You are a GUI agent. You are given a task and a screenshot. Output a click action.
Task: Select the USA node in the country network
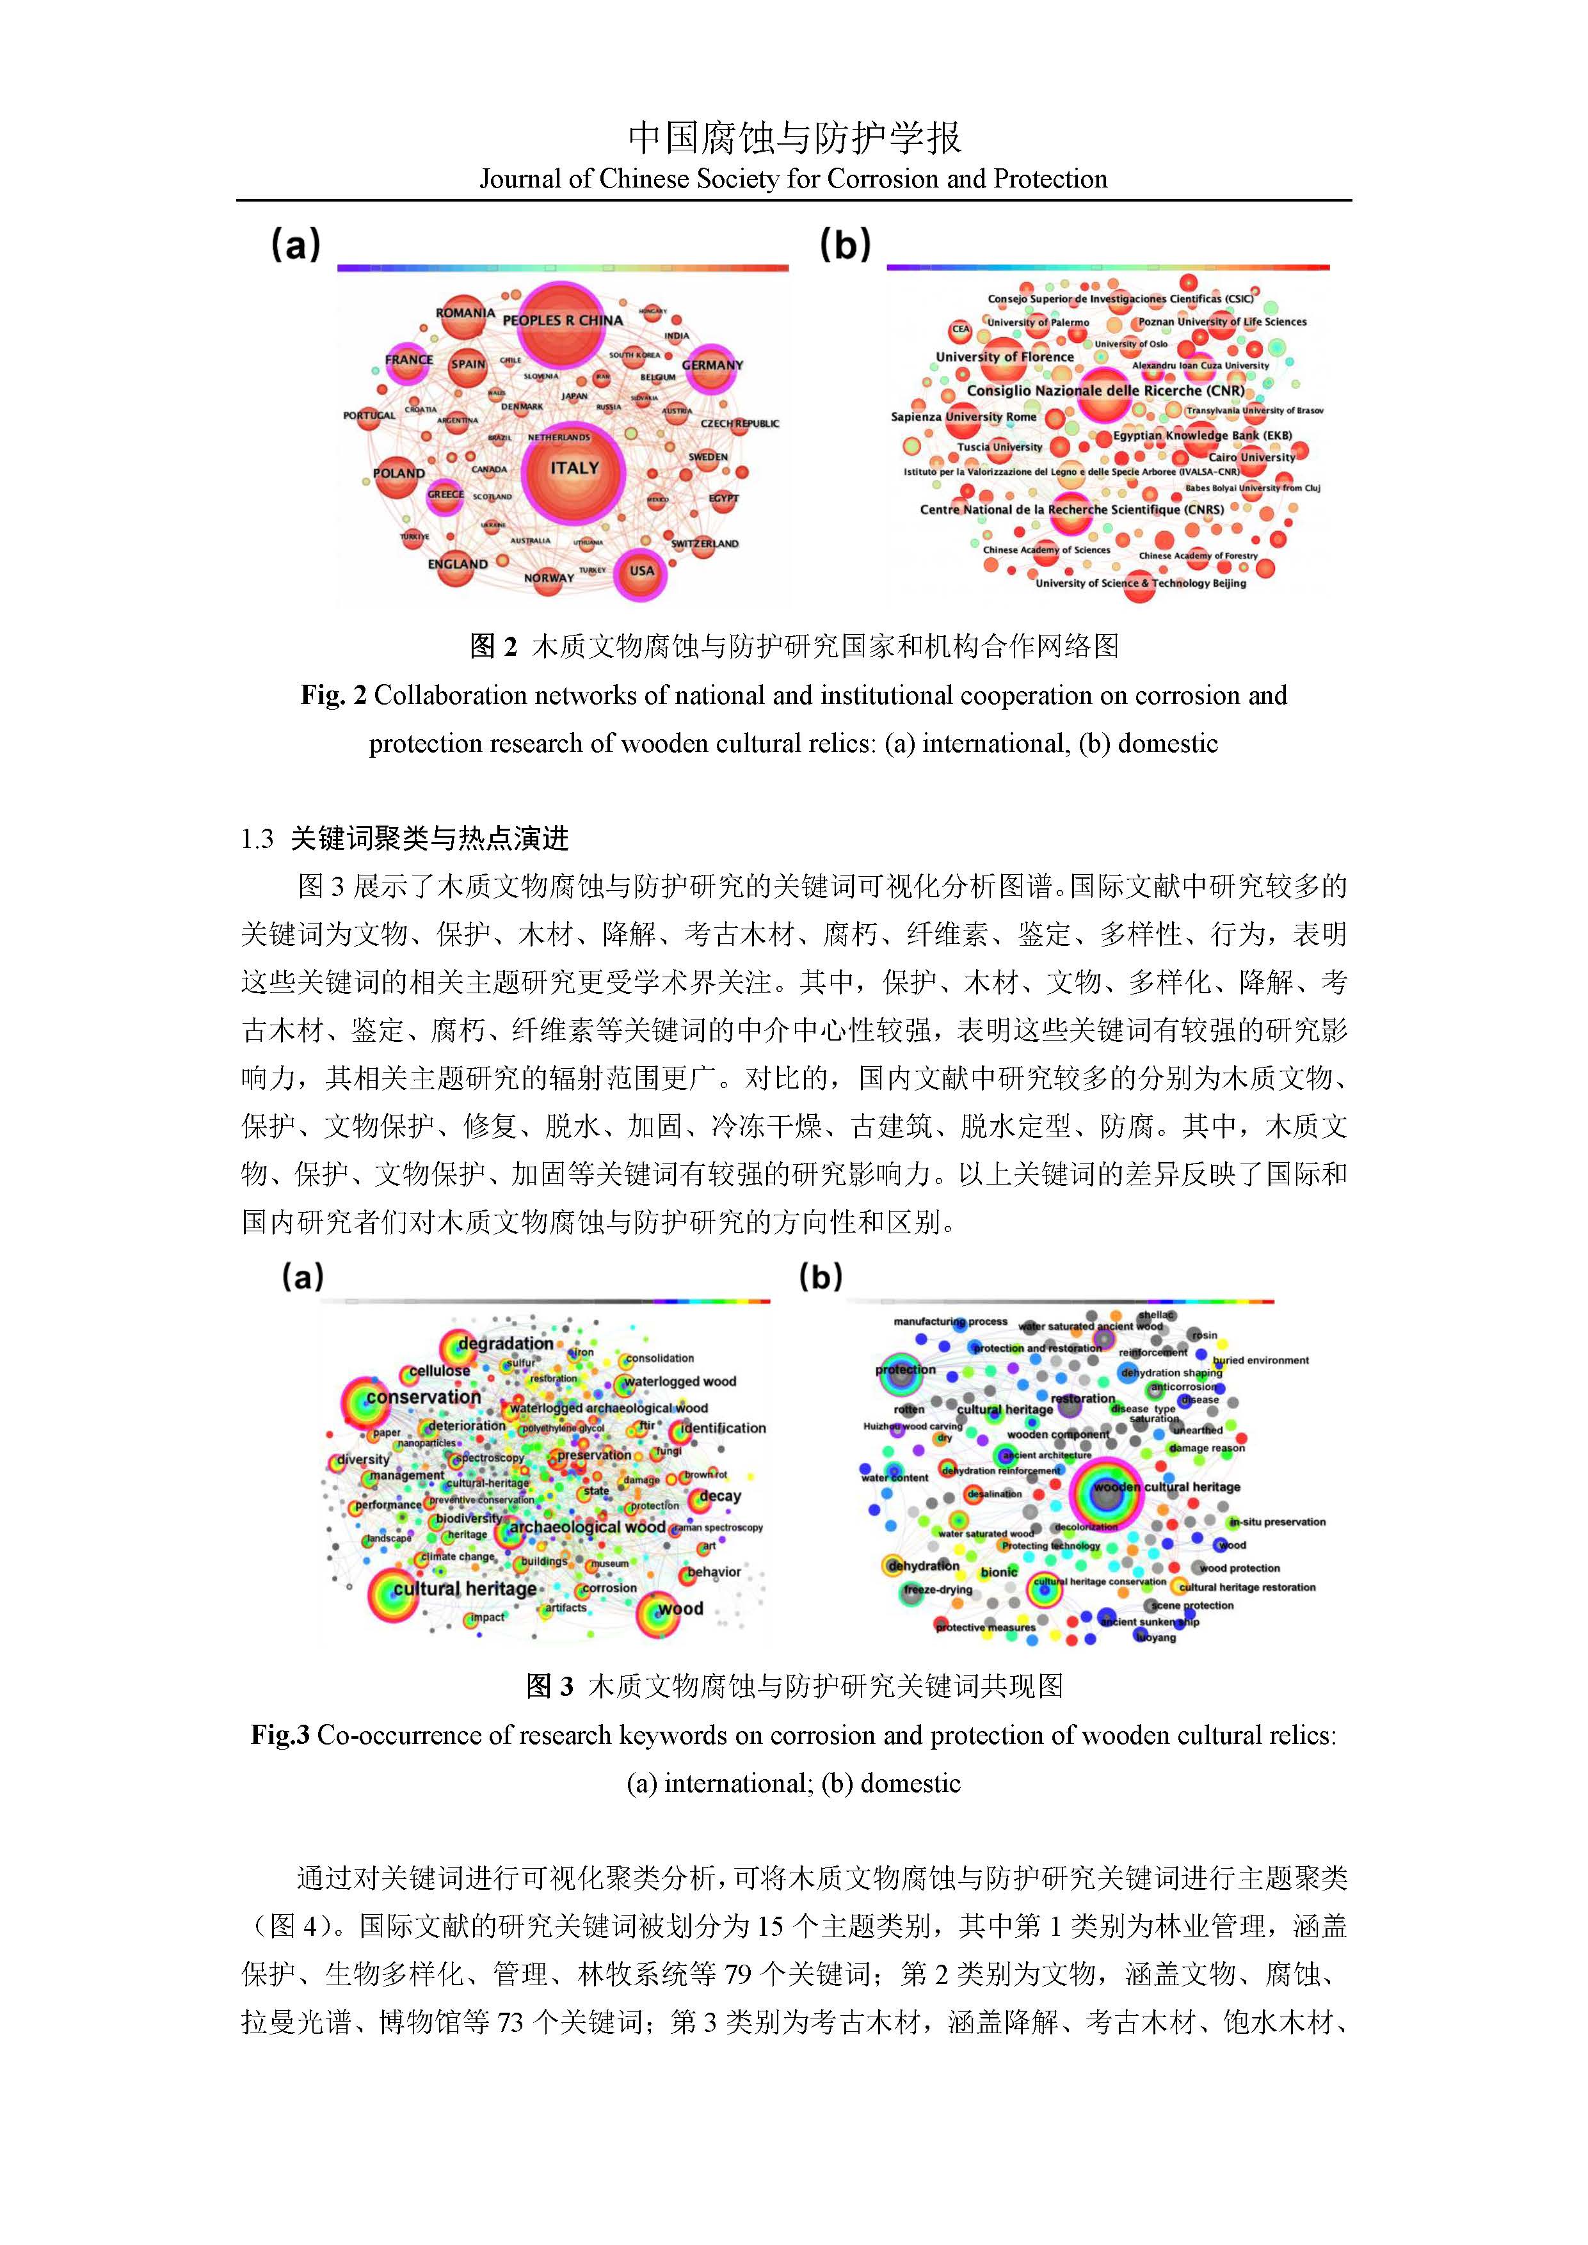(x=641, y=573)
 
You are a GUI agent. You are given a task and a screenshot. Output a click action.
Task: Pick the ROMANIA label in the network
(x=465, y=313)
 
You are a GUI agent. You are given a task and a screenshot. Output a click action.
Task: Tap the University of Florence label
(x=1004, y=357)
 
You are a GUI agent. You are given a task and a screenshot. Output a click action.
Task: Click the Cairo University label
(x=1251, y=457)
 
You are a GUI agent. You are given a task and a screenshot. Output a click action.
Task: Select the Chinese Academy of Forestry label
(x=1198, y=555)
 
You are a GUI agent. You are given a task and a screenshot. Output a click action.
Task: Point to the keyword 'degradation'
(x=506, y=1343)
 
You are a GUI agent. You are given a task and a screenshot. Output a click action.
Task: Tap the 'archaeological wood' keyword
(x=587, y=1528)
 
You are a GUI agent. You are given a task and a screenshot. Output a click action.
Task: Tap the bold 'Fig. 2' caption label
(x=333, y=695)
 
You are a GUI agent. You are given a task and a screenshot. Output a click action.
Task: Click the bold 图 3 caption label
(x=550, y=1686)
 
